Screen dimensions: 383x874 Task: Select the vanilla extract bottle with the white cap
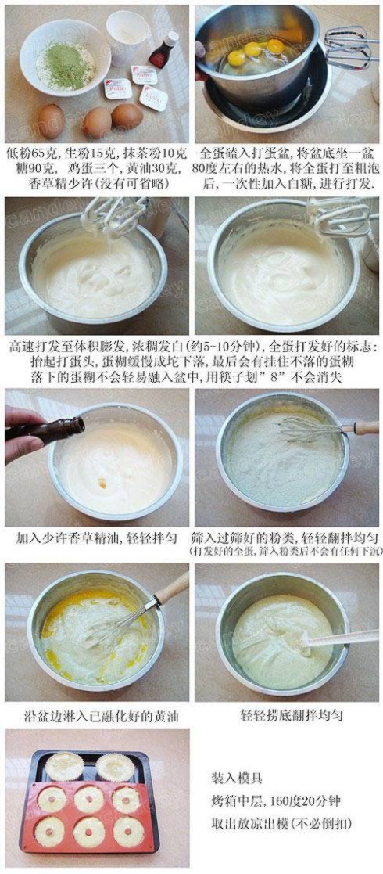(x=163, y=50)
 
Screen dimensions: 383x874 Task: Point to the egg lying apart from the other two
(x=52, y=121)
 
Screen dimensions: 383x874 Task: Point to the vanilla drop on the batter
(x=102, y=483)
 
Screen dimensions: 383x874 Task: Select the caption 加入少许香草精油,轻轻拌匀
(x=98, y=538)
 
